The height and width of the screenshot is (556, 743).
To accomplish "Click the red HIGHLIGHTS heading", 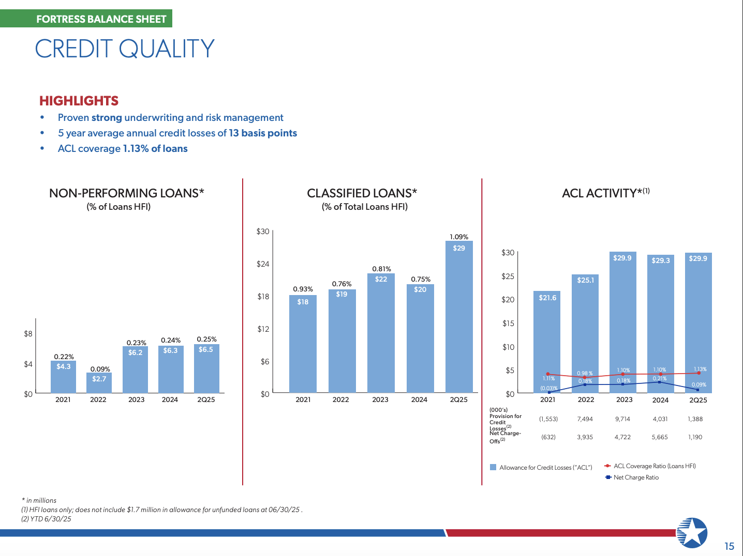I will pos(79,101).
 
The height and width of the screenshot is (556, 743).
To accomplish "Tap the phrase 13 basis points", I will pos(263,133).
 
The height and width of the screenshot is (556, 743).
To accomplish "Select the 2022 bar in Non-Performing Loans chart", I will pos(99,383).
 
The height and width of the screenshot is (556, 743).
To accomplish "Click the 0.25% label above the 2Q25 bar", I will pos(206,339).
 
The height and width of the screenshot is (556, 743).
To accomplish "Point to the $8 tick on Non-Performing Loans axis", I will pos(28,334).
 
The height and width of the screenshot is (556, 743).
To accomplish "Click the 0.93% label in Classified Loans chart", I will pos(303,289).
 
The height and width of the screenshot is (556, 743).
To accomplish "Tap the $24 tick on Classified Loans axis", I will pos(263,264).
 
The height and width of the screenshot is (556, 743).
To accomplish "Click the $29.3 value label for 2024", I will pos(661,260).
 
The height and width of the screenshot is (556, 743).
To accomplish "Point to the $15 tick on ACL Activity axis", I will pos(508,323).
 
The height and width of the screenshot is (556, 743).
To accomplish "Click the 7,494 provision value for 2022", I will pos(585,419).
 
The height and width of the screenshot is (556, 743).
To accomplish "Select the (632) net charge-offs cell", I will pos(548,437).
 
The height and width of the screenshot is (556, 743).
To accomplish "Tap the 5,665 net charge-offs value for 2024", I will pos(660,437).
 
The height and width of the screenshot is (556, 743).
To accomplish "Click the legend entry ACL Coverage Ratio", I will pos(654,466).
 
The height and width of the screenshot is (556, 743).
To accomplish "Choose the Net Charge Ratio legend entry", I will pos(636,477).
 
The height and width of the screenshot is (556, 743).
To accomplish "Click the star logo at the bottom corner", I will pos(692,532).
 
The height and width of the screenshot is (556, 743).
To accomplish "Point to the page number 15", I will pos(729,546).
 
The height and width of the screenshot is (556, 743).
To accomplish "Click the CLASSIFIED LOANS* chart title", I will pos(362,193).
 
